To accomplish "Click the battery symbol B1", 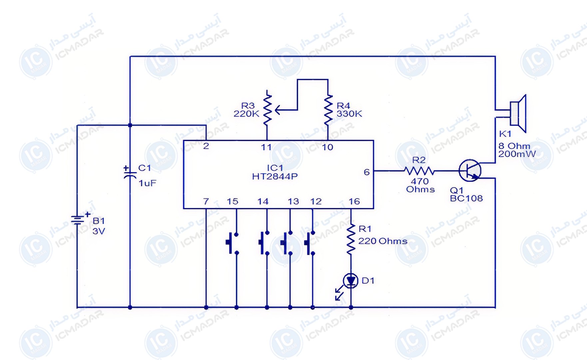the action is tap(77, 220).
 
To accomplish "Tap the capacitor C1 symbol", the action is tap(130, 173).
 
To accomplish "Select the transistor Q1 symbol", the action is tap(470, 171).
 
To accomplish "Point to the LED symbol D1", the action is tap(350, 281).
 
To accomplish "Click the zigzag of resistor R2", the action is tap(419, 171).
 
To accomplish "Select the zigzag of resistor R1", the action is tap(350, 239).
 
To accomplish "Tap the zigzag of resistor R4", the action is tap(328, 110).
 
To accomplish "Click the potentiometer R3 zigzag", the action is tap(267, 109).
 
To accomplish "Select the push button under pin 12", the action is tap(309, 243).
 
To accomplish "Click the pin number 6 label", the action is tap(366, 172).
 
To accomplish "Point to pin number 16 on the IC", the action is tap(354, 201).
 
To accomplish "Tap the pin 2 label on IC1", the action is tap(206, 146).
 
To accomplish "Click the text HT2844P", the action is tap(275, 176).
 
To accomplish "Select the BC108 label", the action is tap(466, 198).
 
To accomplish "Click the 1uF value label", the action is tap(147, 183).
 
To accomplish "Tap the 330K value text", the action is tap(349, 114).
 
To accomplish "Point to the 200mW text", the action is tap(517, 154).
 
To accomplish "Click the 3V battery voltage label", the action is tap(99, 231).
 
